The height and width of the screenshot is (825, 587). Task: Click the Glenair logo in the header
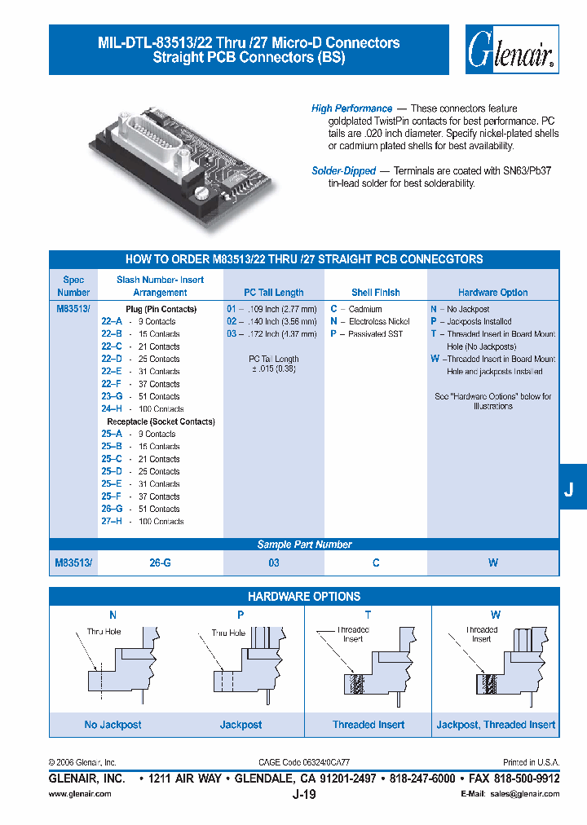512,51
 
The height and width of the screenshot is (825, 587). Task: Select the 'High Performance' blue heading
351,108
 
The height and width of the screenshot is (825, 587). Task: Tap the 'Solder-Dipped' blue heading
343,171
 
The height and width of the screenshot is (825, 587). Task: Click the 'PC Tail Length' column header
274,293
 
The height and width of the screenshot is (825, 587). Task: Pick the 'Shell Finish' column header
375,293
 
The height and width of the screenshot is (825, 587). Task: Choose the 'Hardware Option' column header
492,293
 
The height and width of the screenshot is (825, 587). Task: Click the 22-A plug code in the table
112,322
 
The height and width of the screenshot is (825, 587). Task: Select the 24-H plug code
112,409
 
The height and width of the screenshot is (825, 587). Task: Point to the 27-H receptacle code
112,522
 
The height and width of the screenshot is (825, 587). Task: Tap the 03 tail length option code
232,334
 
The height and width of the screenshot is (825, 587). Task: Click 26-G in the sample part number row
160,563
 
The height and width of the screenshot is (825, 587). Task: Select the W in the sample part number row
493,563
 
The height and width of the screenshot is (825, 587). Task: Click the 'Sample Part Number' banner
304,545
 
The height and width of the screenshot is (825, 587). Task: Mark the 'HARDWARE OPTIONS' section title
304,597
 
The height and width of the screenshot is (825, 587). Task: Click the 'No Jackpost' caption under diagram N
113,725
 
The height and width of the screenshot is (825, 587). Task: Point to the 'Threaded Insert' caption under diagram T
369,725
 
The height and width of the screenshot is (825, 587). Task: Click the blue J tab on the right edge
570,490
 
